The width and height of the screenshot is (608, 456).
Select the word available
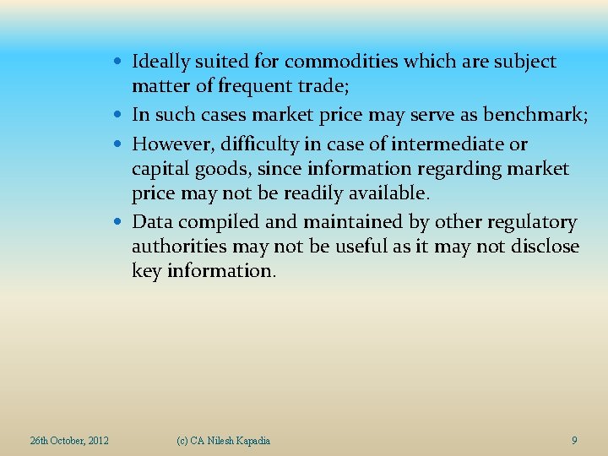[x=384, y=193]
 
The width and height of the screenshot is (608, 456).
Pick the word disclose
[x=542, y=247]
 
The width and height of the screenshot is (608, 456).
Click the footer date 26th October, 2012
[x=69, y=441]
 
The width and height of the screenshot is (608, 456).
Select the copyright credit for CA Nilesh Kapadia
[x=224, y=441]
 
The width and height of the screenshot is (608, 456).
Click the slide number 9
[x=574, y=441]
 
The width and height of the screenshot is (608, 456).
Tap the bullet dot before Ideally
[x=122, y=62]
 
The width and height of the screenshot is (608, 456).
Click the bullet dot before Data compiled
[x=122, y=223]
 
